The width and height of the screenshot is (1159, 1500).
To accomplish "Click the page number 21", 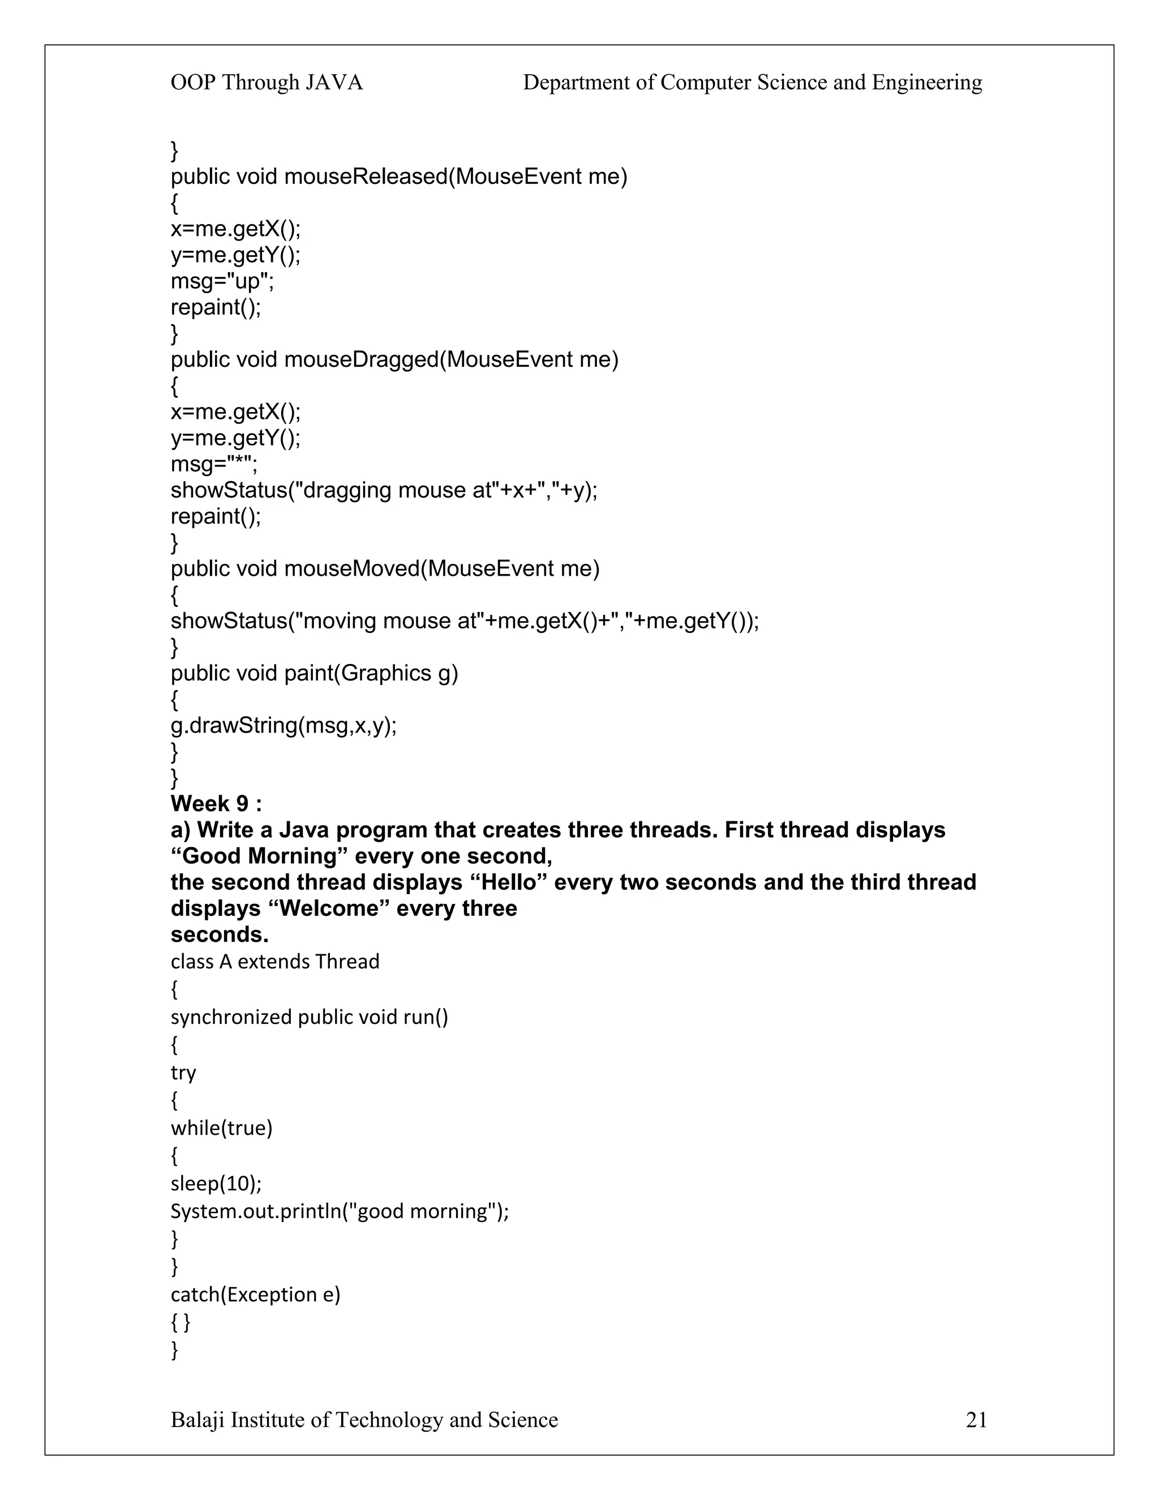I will [x=976, y=1420].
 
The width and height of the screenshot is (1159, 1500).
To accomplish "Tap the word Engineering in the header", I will [x=927, y=83].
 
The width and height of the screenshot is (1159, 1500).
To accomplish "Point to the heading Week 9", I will [x=216, y=804].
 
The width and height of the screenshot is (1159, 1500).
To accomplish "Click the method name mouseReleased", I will [x=365, y=177].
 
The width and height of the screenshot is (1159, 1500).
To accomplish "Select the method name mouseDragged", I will [x=360, y=360].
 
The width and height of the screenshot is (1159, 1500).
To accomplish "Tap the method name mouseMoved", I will [x=351, y=569].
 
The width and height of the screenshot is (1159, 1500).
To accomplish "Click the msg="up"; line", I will [x=222, y=281].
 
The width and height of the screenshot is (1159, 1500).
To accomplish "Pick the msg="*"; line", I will [x=214, y=464].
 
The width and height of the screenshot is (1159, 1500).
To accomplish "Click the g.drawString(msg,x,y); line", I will [x=284, y=725].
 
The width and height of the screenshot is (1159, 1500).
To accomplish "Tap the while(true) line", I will [x=222, y=1128].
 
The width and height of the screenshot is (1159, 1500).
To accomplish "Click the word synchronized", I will [x=231, y=1017].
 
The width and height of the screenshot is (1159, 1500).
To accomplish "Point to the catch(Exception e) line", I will [x=255, y=1294].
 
